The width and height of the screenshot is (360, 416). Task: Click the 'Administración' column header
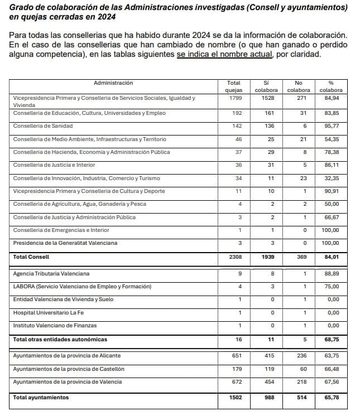click(x=113, y=83)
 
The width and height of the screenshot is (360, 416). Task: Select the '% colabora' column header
click(x=330, y=86)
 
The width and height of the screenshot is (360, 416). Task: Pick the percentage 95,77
click(x=331, y=126)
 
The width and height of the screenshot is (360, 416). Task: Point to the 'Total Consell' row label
click(x=31, y=257)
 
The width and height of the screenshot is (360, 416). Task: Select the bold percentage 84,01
click(x=331, y=257)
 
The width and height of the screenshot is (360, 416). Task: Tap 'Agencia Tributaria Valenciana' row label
click(x=51, y=274)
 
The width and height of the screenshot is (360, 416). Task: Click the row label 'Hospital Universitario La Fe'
click(x=49, y=313)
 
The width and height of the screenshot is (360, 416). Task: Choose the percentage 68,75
click(x=331, y=339)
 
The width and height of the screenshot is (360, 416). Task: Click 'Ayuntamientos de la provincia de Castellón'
click(x=69, y=369)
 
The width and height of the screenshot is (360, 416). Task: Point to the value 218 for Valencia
click(x=300, y=382)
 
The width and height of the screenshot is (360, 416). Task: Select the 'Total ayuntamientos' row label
click(x=41, y=398)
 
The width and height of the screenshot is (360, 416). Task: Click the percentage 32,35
click(x=331, y=178)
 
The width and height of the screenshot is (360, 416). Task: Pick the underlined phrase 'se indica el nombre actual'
click(x=225, y=55)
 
